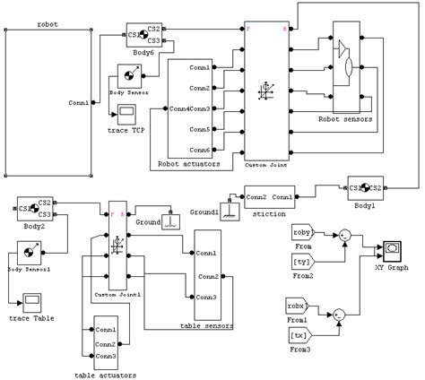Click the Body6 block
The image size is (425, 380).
(x=143, y=34)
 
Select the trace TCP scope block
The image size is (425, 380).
(x=127, y=112)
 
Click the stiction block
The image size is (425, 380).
(x=270, y=197)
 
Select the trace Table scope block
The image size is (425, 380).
(x=31, y=299)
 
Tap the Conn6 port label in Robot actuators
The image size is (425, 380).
(x=200, y=149)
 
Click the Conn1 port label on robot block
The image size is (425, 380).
(x=79, y=103)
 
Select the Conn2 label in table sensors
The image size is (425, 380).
(x=208, y=276)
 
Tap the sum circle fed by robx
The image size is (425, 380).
(x=338, y=315)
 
